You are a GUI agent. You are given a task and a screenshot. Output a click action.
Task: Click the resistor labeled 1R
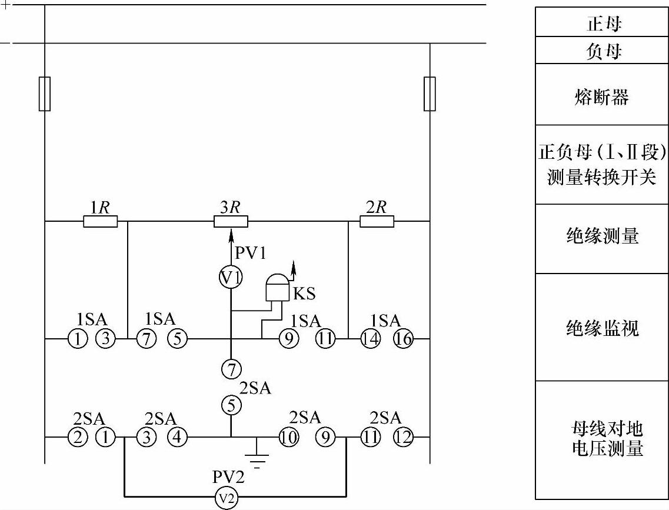100,221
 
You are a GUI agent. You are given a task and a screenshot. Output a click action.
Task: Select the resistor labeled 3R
230,221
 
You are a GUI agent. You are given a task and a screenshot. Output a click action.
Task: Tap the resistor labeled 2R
377,221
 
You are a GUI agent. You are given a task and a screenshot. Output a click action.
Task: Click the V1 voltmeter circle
231,278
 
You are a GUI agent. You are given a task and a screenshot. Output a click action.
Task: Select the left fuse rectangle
45,94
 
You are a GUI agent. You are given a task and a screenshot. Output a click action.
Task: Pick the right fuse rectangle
430,94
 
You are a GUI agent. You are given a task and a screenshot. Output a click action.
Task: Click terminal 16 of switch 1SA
404,339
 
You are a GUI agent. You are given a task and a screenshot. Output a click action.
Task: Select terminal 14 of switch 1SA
370,339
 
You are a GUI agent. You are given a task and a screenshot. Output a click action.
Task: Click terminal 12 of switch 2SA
404,438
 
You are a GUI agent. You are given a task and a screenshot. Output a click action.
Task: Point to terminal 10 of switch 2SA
288,438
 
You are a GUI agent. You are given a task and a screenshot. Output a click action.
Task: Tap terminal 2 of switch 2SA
78,438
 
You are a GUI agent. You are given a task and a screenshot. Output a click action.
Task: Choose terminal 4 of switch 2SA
178,438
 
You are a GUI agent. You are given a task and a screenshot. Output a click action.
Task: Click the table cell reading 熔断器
601,94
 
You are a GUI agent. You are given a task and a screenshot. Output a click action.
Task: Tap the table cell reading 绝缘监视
601,326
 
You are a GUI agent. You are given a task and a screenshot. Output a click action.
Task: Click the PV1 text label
251,254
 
